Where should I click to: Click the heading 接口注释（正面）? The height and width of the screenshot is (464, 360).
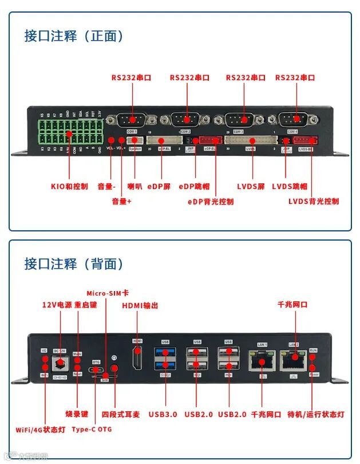pos(74,36)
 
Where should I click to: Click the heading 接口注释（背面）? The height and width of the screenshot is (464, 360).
pos(74,264)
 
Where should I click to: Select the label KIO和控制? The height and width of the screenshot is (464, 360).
pos(69,186)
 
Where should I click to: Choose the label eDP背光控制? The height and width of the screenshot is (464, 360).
pos(211,202)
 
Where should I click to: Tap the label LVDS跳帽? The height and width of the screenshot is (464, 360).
pos(290,186)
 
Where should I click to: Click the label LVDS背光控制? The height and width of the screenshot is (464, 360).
pos(313,201)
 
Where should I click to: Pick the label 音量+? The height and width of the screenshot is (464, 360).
pos(122,202)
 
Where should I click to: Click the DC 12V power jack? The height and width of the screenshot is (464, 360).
pos(60,362)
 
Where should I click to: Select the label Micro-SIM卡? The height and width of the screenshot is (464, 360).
pos(108,293)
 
